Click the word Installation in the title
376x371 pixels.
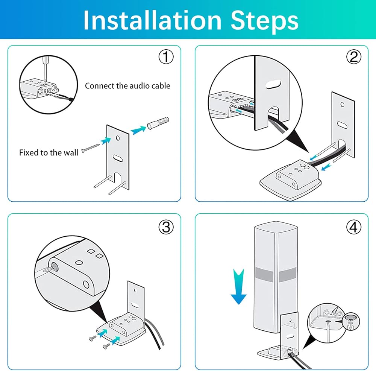pos(152,20)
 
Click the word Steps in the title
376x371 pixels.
pos(264,21)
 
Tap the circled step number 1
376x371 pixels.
pos(166,57)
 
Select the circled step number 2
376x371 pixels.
pos(354,57)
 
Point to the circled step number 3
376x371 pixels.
pos(166,227)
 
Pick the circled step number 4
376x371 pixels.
pos(354,227)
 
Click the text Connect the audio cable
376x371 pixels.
pos(127,86)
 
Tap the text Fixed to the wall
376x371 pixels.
pos(49,153)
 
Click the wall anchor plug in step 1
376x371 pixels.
pos(158,123)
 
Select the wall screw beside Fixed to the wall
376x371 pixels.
pos(90,148)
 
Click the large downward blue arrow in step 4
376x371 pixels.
pos(238,287)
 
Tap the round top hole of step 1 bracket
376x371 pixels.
pos(118,138)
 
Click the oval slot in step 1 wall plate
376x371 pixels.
pos(118,158)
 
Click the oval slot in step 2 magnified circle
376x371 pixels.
pos(273,85)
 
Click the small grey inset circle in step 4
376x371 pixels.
pos(351,321)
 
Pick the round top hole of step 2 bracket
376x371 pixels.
pos(343,104)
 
